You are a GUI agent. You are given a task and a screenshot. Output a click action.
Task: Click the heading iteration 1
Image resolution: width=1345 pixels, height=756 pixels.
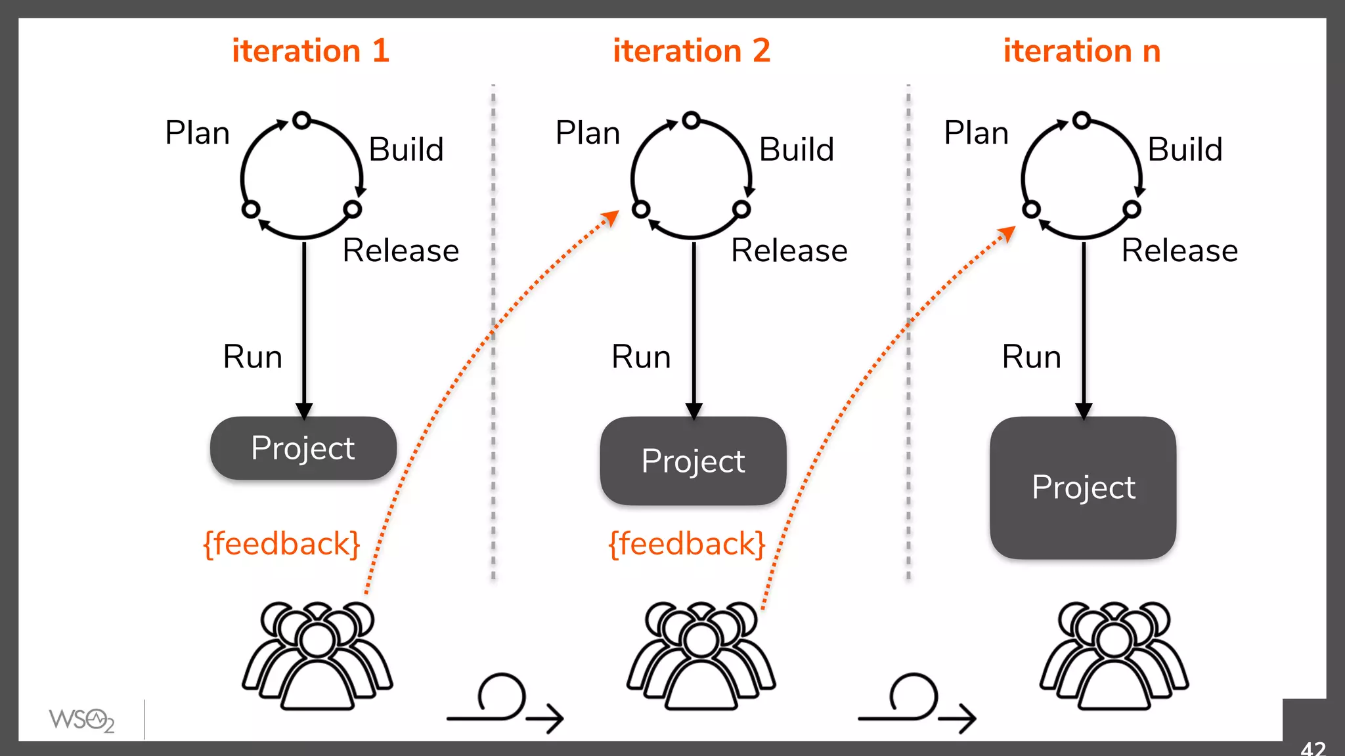point(310,51)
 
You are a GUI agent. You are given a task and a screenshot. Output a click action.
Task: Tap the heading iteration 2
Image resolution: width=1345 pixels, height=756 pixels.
point(691,51)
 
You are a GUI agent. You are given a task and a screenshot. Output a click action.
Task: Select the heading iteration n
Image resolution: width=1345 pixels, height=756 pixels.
point(1082,51)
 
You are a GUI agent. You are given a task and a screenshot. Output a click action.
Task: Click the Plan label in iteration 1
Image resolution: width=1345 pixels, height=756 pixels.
point(197,133)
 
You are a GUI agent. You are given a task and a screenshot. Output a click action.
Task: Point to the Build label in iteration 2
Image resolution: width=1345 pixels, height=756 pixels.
point(796,150)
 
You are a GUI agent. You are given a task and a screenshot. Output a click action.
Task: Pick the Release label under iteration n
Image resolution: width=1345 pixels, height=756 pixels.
point(1180,251)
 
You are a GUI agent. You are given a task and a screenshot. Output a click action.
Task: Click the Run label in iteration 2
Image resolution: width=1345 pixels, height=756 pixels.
point(641,357)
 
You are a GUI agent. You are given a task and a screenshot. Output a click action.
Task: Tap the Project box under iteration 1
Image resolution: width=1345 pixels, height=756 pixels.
point(303,448)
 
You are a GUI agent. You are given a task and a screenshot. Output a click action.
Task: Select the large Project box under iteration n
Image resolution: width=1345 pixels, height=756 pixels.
point(1083,488)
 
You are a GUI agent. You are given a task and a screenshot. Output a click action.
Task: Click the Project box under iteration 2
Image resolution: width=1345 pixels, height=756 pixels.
point(693,461)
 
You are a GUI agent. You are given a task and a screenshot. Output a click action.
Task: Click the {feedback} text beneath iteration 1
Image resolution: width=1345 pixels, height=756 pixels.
point(282,544)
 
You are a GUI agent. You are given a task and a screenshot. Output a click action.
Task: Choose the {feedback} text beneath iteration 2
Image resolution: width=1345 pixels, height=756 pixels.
point(687,544)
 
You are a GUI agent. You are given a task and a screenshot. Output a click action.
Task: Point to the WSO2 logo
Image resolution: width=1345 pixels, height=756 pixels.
point(81,720)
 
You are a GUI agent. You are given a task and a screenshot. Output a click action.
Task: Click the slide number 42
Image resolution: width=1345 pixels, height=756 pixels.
point(1313,748)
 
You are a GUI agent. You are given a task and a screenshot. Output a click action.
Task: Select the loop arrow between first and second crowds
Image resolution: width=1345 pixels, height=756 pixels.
point(504,703)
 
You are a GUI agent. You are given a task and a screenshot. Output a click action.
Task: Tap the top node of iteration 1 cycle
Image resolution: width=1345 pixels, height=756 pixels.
point(301,120)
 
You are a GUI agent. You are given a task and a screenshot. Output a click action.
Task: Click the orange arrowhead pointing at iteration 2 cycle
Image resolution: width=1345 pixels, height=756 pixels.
point(611,217)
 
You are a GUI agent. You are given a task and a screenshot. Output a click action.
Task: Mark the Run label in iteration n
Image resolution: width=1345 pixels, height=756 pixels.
point(1031,357)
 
